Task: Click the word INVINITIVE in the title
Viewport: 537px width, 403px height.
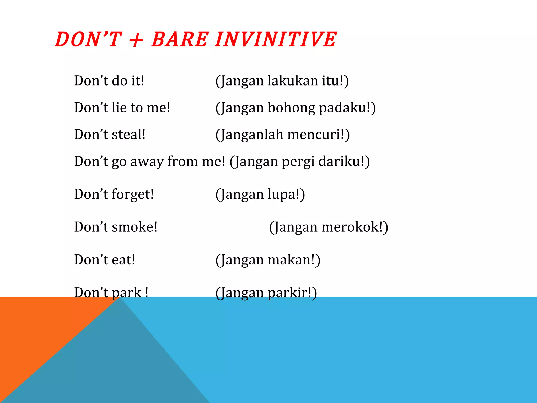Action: pyautogui.click(x=275, y=39)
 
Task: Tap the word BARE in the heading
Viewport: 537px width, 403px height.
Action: pyautogui.click(x=180, y=39)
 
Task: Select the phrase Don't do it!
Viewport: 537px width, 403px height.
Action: pyautogui.click(x=109, y=81)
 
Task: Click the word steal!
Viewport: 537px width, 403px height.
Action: pyautogui.click(x=128, y=134)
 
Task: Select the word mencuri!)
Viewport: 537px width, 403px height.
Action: pyautogui.click(x=318, y=134)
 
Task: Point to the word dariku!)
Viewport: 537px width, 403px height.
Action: pyautogui.click(x=344, y=161)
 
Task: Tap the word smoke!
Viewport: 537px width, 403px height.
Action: pyautogui.click(x=134, y=227)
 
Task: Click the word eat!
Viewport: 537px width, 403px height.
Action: pyautogui.click(x=123, y=260)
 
